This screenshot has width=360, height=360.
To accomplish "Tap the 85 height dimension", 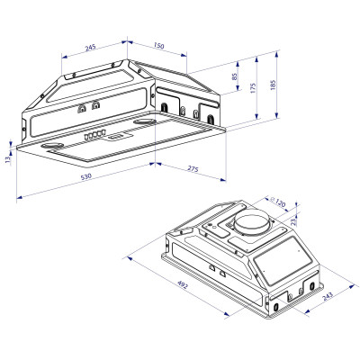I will coord(237,79).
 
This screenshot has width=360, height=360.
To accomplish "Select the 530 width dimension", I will coord(85,177).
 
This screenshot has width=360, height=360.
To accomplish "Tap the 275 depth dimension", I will coord(192,168).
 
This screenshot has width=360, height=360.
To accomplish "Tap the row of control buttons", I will coord(92,135).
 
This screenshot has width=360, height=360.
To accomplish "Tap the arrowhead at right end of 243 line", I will coord(347,288).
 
